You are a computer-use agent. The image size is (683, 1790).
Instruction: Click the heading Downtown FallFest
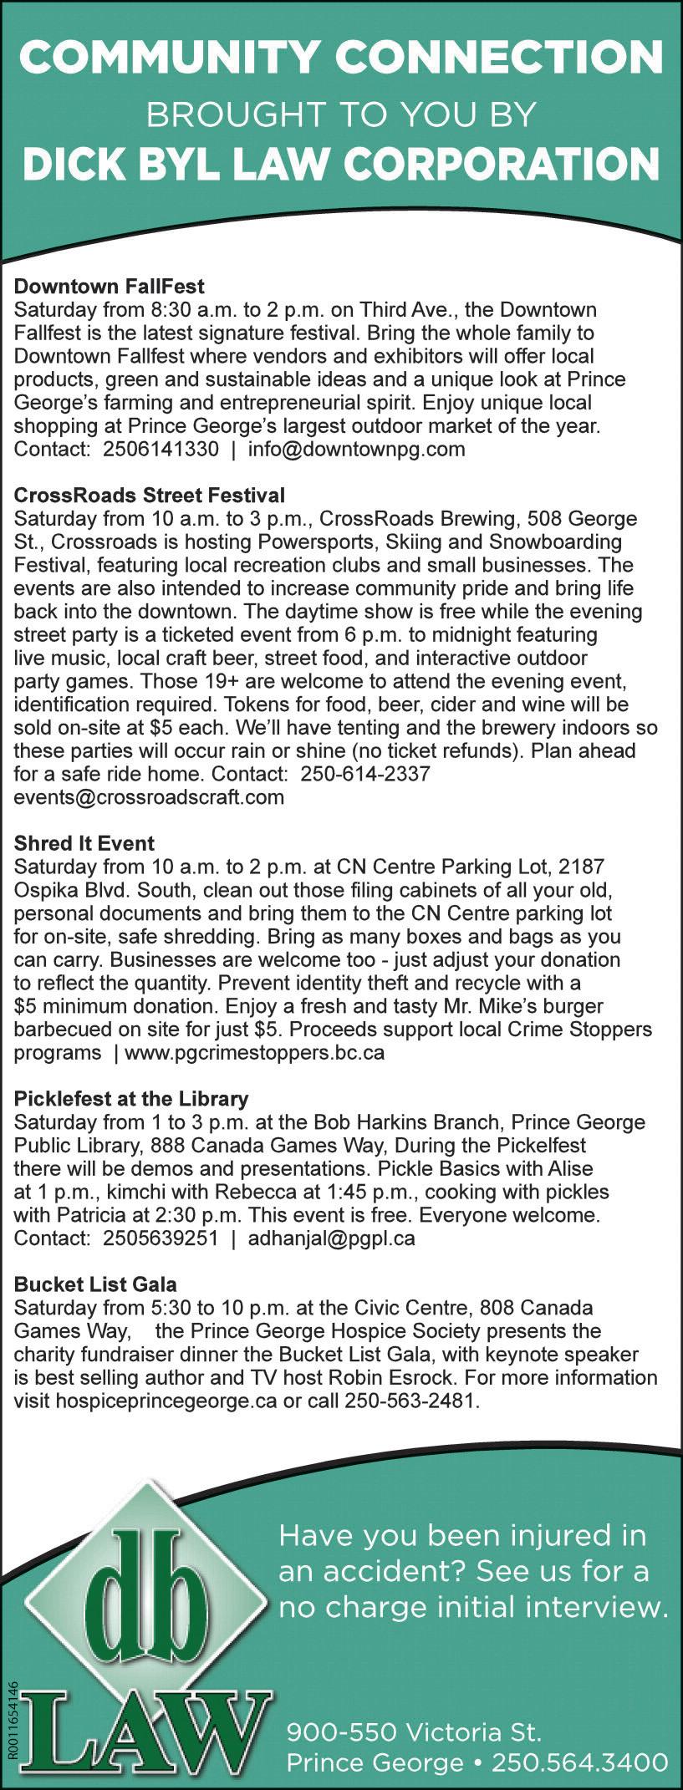[x=110, y=287]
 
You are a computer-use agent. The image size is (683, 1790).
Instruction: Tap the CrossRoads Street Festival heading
[x=150, y=496]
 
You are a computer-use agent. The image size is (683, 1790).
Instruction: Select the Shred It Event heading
[x=84, y=843]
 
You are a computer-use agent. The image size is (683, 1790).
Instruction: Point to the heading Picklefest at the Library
[x=131, y=1098]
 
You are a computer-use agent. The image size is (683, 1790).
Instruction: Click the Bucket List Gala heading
[x=95, y=1284]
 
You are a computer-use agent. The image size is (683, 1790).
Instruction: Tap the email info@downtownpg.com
[x=356, y=449]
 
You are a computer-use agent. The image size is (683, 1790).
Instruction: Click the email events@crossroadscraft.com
[x=149, y=796]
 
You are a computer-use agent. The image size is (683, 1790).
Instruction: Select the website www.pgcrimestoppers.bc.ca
[x=254, y=1052]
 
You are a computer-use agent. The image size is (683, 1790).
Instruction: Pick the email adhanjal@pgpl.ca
[x=331, y=1238]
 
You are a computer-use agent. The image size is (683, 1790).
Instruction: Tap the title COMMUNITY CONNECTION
[x=341, y=58]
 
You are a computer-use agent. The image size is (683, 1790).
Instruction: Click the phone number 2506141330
[x=161, y=449]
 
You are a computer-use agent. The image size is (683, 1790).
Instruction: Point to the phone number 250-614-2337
[x=365, y=773]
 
